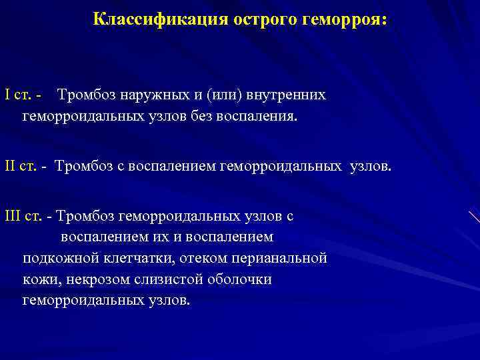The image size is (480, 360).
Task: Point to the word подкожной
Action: click(x=57, y=258)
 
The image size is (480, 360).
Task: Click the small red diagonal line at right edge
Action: click(x=473, y=216)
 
